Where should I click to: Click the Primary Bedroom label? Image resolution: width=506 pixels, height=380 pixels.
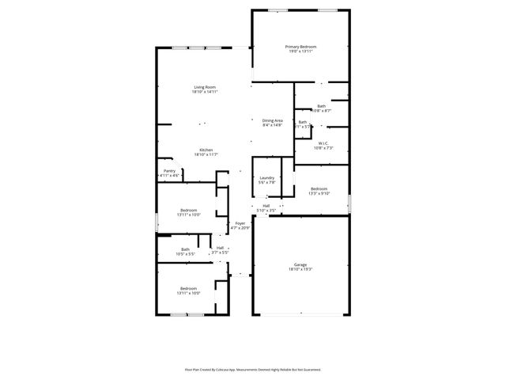point(300,47)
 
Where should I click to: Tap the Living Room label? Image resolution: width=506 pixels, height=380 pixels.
point(205,87)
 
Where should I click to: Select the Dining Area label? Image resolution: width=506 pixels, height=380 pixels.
point(273,120)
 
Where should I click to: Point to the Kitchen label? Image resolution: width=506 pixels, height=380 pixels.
point(206,150)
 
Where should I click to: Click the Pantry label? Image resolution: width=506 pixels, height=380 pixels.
point(169,170)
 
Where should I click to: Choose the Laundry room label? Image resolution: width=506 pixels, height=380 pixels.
point(267,177)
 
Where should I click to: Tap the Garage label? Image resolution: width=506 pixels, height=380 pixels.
point(300,265)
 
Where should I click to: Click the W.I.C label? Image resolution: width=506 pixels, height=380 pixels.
point(323,143)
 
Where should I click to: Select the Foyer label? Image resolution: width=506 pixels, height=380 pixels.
point(240,223)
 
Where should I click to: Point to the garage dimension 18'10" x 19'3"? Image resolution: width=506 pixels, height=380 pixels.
point(300,270)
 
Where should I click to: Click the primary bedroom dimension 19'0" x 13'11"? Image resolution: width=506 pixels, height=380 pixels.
point(300,51)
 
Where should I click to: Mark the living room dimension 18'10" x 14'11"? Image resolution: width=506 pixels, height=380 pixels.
point(205,92)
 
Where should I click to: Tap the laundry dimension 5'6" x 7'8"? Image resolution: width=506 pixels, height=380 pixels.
point(267,182)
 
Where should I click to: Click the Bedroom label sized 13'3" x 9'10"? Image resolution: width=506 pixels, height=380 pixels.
point(319,188)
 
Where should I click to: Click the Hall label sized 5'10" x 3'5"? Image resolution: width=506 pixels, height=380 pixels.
point(266,206)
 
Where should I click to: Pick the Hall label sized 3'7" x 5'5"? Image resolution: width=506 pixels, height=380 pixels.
point(220,248)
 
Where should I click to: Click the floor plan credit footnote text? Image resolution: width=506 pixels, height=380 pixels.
point(253,369)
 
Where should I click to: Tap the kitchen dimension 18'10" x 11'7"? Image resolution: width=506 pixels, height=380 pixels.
point(206,154)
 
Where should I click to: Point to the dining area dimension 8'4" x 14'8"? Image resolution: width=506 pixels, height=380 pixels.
point(273,125)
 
